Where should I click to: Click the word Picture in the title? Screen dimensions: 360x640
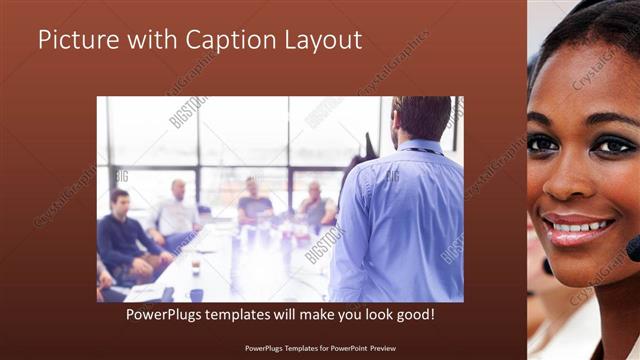78,41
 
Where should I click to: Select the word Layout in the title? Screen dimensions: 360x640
320,41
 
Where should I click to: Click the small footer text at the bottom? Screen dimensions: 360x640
319,350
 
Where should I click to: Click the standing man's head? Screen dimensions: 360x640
420,117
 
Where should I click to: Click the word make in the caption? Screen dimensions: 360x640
305,314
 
